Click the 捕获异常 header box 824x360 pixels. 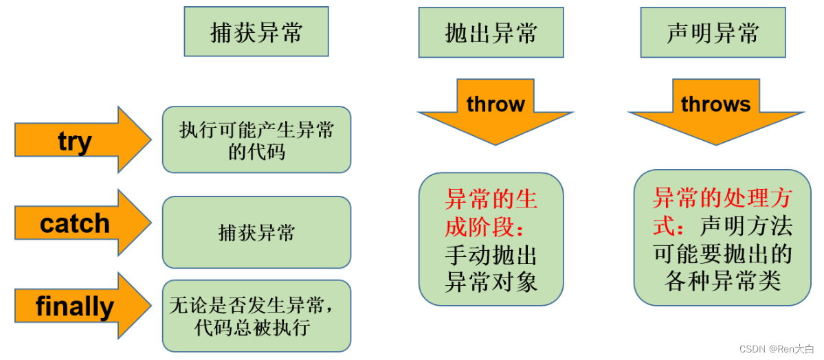tap(256, 32)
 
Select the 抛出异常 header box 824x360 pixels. tap(491, 32)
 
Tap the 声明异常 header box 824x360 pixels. tap(713, 32)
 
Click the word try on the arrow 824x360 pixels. tap(74, 142)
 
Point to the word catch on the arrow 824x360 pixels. tap(74, 223)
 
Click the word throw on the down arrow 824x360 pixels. tap(495, 104)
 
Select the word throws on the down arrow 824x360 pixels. tap(715, 104)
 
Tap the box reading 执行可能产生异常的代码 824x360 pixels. tap(256, 140)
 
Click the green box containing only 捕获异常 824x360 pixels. tap(256, 232)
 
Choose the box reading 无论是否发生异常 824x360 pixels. tap(256, 315)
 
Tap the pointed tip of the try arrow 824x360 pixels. tap(151, 140)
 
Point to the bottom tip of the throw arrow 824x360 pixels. tap(495, 144)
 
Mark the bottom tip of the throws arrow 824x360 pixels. tap(715, 144)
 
